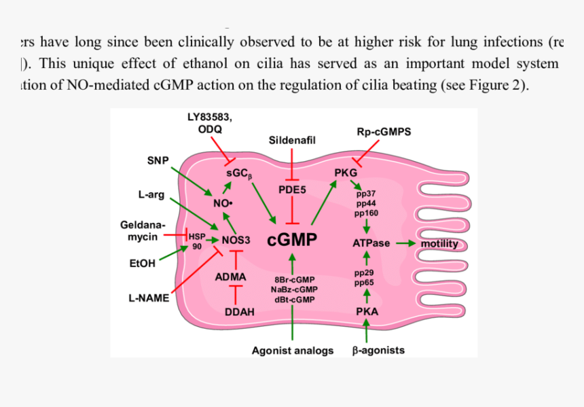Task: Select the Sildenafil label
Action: coord(293,140)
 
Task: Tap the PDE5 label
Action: coord(292,190)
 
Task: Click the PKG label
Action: coord(346,173)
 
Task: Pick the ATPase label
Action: coord(371,243)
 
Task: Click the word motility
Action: coord(439,243)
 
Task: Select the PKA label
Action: coord(367,312)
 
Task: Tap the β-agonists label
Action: coord(378,351)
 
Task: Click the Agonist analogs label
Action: coord(293,351)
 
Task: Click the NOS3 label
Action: coord(236,240)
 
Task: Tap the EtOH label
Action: coord(142,263)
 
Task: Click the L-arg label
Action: coord(151,195)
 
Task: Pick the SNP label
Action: coord(158,160)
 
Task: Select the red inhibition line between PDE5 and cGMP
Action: coord(292,211)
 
